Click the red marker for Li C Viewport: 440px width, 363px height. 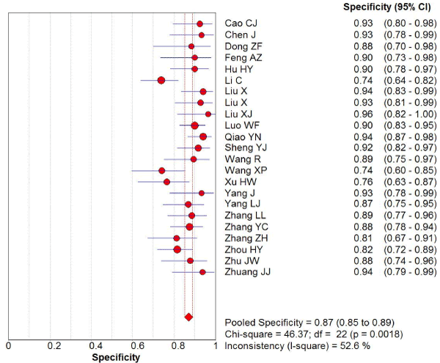[x=161, y=80]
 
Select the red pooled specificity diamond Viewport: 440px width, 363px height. [x=188, y=317]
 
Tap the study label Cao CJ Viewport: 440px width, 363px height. [x=241, y=23]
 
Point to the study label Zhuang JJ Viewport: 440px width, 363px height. [x=247, y=272]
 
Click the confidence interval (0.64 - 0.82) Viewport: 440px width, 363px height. [x=411, y=80]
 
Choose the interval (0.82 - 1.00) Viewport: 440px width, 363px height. [x=411, y=114]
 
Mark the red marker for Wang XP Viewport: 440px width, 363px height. [x=162, y=170]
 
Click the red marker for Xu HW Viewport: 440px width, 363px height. [x=166, y=182]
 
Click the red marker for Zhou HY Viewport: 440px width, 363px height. [x=177, y=249]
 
